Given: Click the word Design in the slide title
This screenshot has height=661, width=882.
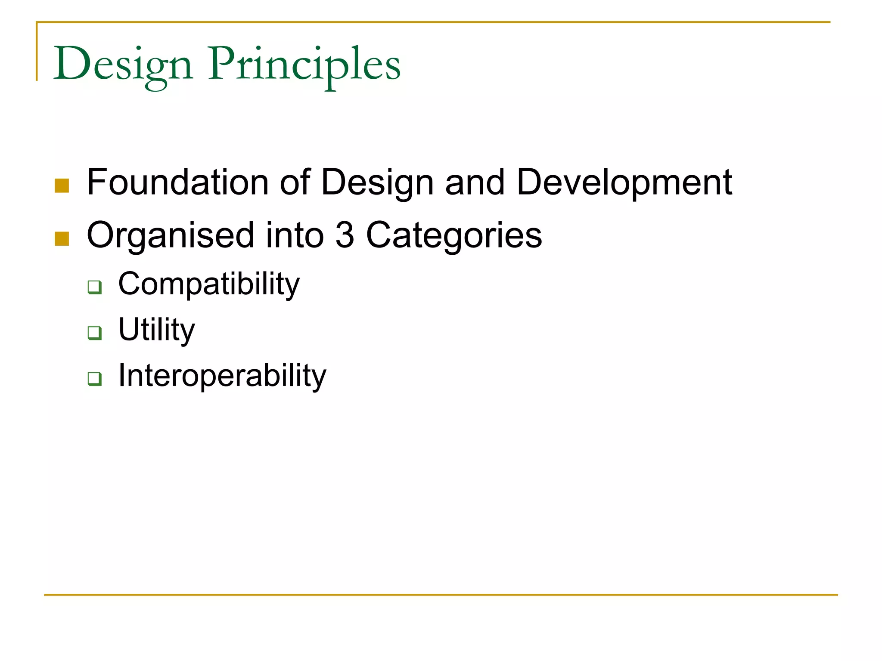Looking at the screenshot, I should (x=123, y=65).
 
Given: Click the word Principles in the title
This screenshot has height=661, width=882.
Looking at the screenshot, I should (x=304, y=65).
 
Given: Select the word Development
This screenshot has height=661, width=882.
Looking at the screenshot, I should (x=624, y=183).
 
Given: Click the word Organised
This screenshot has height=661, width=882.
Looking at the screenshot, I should (x=171, y=236).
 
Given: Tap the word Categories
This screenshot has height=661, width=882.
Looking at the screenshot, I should (x=454, y=236).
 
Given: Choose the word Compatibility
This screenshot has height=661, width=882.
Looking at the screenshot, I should (x=209, y=284).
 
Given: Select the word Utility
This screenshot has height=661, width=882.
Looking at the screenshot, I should (x=156, y=330).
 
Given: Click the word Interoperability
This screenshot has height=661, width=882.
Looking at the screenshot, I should (x=222, y=376).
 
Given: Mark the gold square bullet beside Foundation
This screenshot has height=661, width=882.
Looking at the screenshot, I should (x=62, y=186).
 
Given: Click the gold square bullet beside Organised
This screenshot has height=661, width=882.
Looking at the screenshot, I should (x=62, y=239).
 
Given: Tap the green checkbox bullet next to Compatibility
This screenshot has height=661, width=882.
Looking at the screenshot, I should (x=94, y=287).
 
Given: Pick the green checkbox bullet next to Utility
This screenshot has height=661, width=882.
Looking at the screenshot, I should (x=94, y=333).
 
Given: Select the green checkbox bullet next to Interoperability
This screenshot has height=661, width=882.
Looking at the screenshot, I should (x=94, y=379).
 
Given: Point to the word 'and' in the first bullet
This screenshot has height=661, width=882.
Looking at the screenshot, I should (x=475, y=182).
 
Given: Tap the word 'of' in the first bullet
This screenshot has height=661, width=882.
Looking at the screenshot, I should (x=295, y=182).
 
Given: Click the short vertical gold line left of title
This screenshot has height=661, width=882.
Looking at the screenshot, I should (x=37, y=51).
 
